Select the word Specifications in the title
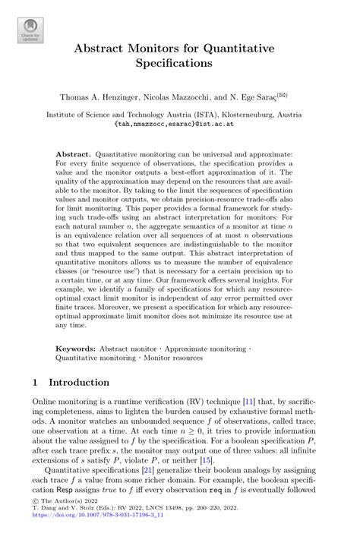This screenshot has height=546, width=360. tap(180, 65)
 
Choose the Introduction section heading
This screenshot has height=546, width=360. tap(80, 381)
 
